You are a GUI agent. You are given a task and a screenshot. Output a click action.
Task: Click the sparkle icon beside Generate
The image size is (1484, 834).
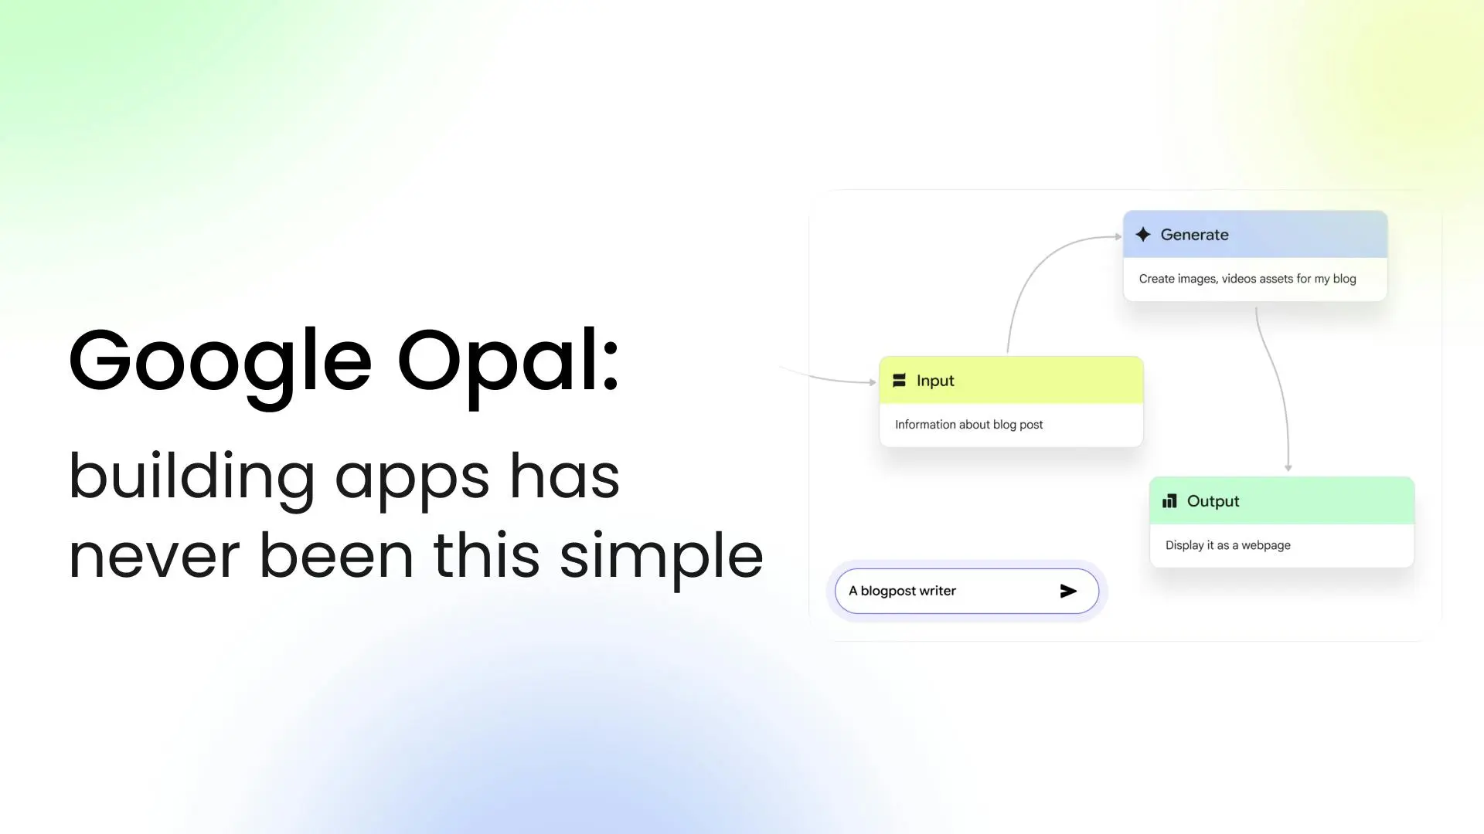pos(1143,234)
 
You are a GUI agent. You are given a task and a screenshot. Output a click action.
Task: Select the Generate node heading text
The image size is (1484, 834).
pos(1194,235)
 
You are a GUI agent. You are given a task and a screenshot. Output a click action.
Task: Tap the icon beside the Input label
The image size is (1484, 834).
pos(899,380)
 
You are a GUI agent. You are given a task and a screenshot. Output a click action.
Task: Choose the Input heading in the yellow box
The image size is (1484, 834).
pos(935,381)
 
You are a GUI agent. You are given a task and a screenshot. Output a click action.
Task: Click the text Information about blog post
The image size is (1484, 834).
pos(968,425)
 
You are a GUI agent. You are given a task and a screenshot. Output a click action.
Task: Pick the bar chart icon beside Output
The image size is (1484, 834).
pos(1169,501)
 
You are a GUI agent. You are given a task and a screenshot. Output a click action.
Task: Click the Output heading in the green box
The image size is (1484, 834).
pos(1213,501)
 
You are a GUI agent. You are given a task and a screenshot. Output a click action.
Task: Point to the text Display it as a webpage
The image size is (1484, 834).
pos(1227,545)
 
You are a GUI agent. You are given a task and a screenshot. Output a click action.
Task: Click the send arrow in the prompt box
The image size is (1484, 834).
pos(1068,591)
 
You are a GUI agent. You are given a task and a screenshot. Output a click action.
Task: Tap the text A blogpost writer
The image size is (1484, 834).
pos(902,591)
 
